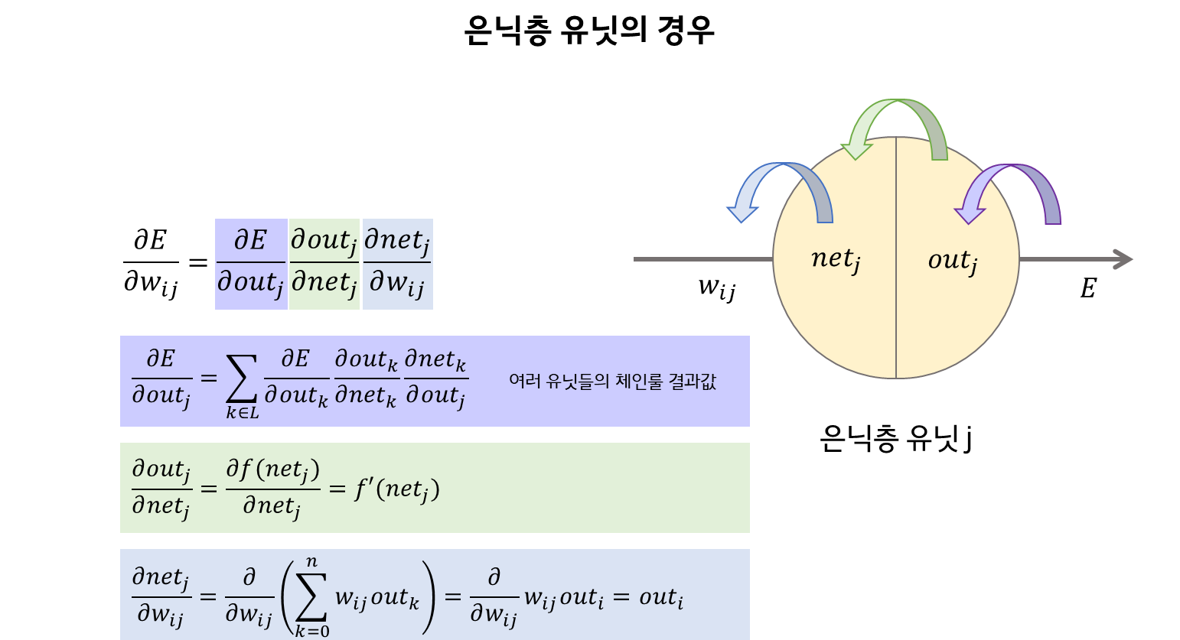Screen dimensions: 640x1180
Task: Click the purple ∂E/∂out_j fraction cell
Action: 251,264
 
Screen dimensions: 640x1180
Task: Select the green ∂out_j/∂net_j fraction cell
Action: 324,264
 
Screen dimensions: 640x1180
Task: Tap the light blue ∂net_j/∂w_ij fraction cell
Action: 397,264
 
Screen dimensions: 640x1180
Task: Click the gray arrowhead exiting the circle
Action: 1123,259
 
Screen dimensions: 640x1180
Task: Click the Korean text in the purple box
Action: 612,381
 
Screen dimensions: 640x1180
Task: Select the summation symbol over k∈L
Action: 242,379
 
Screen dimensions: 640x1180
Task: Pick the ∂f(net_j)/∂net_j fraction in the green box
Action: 272,488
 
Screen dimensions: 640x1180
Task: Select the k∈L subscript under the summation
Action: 242,413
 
